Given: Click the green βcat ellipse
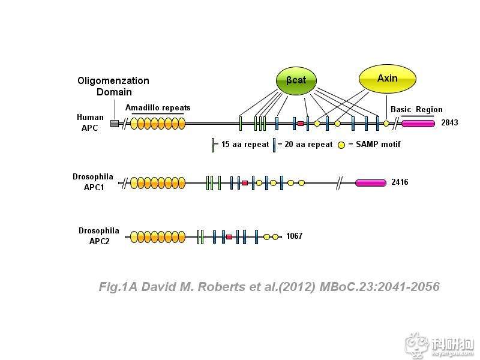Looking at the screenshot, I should pyautogui.click(x=296, y=80).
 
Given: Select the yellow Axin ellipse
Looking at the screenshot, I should pyautogui.click(x=387, y=79).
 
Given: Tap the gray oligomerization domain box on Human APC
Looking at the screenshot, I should pyautogui.click(x=115, y=124).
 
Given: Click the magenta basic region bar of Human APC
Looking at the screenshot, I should pyautogui.click(x=418, y=123).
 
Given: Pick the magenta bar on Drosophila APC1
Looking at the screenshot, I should pyautogui.click(x=371, y=182).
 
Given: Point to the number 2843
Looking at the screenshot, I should pyautogui.click(x=449, y=123).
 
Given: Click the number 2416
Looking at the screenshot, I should pyautogui.click(x=400, y=182).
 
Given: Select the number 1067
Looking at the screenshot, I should pyautogui.click(x=294, y=236).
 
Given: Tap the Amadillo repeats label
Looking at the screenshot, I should pyautogui.click(x=158, y=108).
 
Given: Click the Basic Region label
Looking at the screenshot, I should pyautogui.click(x=416, y=109).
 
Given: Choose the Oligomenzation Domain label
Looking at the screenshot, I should pyautogui.click(x=113, y=86).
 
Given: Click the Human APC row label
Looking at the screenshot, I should pyautogui.click(x=90, y=122).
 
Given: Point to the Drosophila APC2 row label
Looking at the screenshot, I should pyautogui.click(x=98, y=236).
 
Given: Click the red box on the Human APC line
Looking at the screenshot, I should pyautogui.click(x=301, y=123).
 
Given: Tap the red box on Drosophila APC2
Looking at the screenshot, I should pyautogui.click(x=229, y=237).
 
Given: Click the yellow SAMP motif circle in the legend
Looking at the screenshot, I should pyautogui.click(x=341, y=145).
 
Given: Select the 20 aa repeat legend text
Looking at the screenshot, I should pyautogui.click(x=305, y=145).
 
